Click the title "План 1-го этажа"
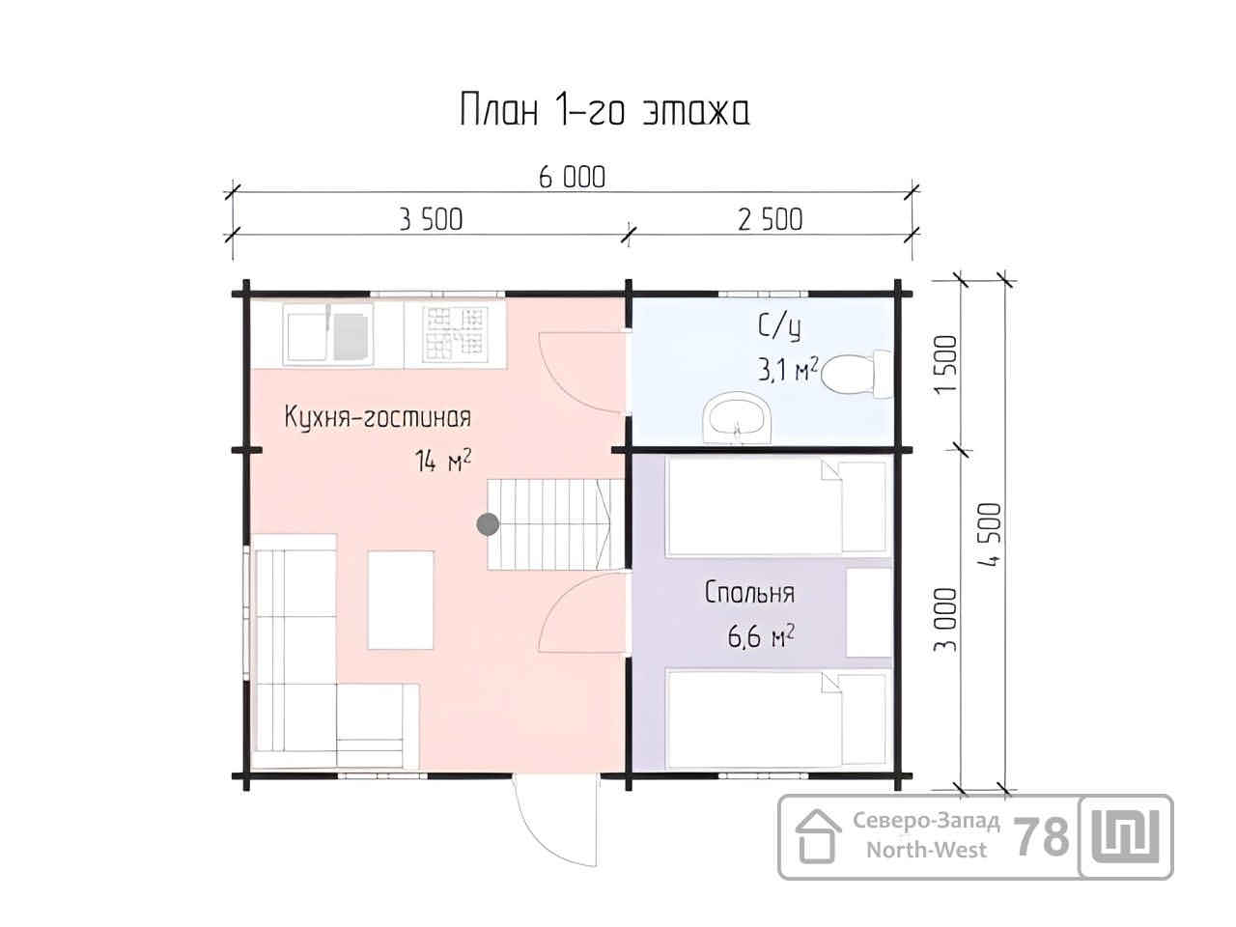pyautogui.click(x=604, y=110)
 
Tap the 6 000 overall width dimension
pyautogui.click(x=572, y=178)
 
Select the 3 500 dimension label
pyautogui.click(x=431, y=219)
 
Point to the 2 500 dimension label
pyautogui.click(x=771, y=219)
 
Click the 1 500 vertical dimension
pyautogui.click(x=945, y=365)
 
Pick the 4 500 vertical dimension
pyautogui.click(x=991, y=534)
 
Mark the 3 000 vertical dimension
pyautogui.click(x=945, y=620)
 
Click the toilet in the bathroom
pyautogui.click(x=856, y=375)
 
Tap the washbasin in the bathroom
pyautogui.click(x=737, y=417)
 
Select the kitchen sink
pyautogui.click(x=327, y=336)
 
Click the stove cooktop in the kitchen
pyautogui.click(x=455, y=334)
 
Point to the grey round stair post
pyautogui.click(x=488, y=524)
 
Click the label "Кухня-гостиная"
pyautogui.click(x=378, y=417)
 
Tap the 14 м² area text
pyautogui.click(x=442, y=461)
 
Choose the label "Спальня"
pyautogui.click(x=749, y=593)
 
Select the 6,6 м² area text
pyautogui.click(x=761, y=636)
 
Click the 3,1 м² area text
pyautogui.click(x=787, y=371)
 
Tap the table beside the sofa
pyautogui.click(x=401, y=600)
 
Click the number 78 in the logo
pyautogui.click(x=1041, y=837)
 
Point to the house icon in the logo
pyautogui.click(x=818, y=836)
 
